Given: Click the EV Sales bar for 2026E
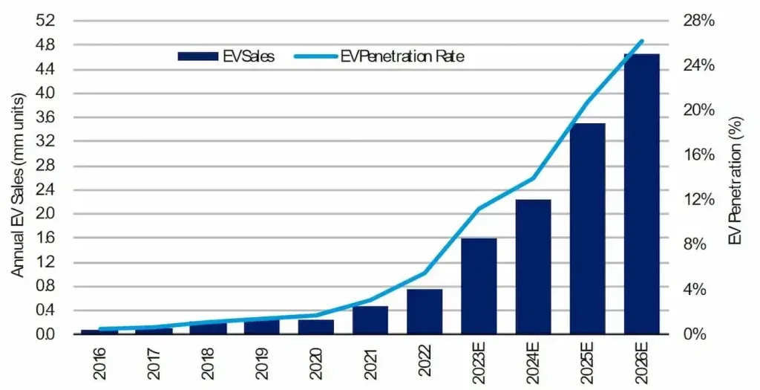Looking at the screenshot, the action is point(642,194).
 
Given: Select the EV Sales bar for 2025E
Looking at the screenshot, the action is point(588,229).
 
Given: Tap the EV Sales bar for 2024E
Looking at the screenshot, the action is point(533,267).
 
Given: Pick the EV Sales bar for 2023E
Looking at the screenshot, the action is point(479,286).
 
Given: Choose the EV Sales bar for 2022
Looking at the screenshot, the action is point(425,312).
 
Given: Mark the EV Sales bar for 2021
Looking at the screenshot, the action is point(370,320).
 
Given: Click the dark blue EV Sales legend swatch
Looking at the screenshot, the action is point(197,56).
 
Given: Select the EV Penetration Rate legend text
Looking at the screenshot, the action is point(402,56).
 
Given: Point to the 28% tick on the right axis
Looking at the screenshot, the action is point(699,21).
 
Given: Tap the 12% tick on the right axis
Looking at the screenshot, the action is point(699,200).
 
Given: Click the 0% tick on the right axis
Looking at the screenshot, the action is point(695,334).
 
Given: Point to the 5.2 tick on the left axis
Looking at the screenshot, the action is point(47,21).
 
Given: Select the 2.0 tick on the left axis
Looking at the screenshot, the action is point(47,213).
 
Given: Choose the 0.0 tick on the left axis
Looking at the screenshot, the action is point(47,334).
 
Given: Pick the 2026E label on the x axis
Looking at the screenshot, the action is point(642,367).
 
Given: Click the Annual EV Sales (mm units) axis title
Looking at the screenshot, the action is point(18,185).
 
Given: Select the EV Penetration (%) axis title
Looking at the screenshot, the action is point(736,181).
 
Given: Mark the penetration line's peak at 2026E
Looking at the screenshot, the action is point(642,42).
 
